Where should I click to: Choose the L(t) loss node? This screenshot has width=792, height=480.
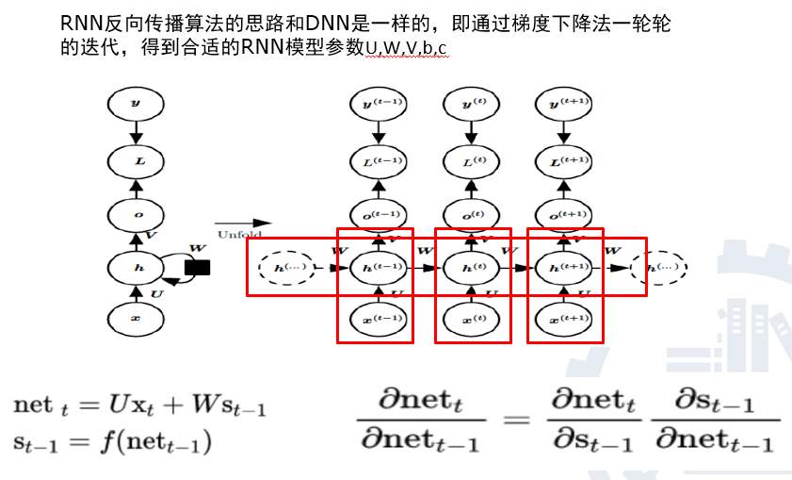[x=471, y=161]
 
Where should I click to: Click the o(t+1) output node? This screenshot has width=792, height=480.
[x=563, y=215]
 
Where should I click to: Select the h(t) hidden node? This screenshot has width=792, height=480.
[x=471, y=268]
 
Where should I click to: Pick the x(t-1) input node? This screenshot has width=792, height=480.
[x=375, y=320]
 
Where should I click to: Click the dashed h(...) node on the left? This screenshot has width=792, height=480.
[x=286, y=268]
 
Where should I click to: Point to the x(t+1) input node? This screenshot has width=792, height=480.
[x=563, y=320]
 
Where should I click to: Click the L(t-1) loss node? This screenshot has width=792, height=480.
[x=375, y=161]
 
